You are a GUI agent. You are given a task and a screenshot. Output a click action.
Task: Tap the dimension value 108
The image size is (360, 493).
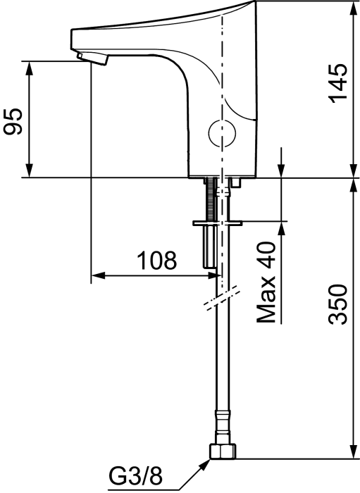click(x=156, y=261)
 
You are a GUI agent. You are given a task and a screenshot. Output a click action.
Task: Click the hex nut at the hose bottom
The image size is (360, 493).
click(x=224, y=451)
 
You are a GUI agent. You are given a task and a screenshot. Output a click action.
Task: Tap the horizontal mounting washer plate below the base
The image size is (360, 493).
click(x=217, y=224)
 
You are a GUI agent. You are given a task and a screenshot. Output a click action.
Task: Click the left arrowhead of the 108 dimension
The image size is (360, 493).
click(x=97, y=275)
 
